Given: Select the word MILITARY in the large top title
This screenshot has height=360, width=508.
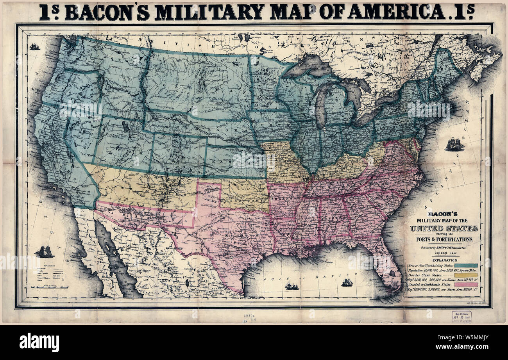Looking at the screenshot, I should [x=203, y=12].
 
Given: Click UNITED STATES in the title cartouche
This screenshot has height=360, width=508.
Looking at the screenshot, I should [x=444, y=228].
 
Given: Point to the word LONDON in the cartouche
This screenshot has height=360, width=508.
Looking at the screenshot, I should [x=437, y=253].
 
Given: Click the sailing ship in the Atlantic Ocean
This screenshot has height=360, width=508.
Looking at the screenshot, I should [x=454, y=144].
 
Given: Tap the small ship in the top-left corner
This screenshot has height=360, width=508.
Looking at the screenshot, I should [x=35, y=46].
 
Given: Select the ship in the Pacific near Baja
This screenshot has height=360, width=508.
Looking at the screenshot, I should [x=44, y=252].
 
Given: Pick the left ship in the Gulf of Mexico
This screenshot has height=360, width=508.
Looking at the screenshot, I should [x=291, y=286].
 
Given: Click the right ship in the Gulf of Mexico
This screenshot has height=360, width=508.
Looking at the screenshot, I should [x=347, y=282].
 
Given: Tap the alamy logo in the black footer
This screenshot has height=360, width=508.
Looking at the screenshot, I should [x=39, y=342].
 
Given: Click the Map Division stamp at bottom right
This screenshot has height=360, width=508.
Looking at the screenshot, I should [x=461, y=317].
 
